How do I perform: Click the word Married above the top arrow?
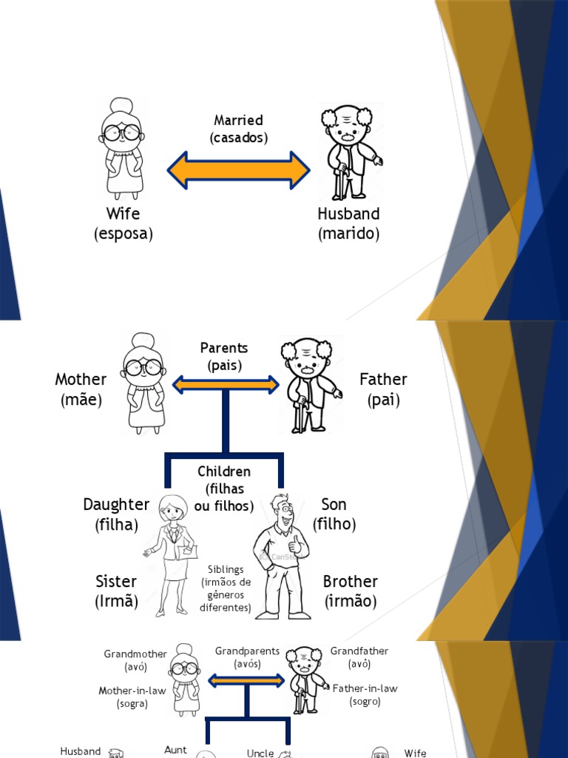tap(238, 120)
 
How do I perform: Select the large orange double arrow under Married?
tap(238, 171)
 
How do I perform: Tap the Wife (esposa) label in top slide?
tap(123, 224)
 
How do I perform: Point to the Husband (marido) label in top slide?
tap(348, 224)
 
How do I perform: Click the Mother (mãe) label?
tap(81, 389)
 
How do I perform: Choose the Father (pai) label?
tap(383, 389)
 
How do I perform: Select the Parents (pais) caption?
tap(224, 356)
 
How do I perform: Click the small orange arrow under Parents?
tap(225, 384)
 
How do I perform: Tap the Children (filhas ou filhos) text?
tap(224, 489)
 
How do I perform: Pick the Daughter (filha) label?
tap(116, 514)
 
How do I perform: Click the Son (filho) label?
tap(334, 514)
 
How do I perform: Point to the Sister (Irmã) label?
tap(116, 591)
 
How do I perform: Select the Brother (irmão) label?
tap(351, 591)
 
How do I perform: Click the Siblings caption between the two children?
tap(226, 588)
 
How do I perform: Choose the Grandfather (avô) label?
tap(359, 657)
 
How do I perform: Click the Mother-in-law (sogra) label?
tap(132, 697)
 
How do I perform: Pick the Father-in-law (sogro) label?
tap(365, 694)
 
